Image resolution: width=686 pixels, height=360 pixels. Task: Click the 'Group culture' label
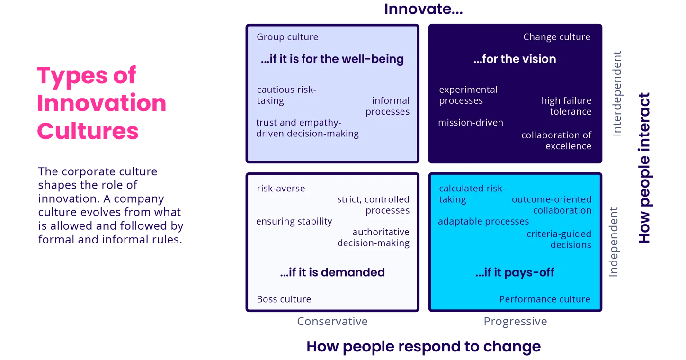click(x=287, y=37)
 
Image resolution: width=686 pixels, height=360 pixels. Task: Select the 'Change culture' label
click(x=556, y=37)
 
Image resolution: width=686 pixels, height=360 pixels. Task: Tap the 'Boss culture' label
click(x=284, y=299)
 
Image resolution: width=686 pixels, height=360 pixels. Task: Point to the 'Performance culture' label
click(x=544, y=299)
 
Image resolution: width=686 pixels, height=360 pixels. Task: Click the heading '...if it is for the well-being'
click(x=332, y=59)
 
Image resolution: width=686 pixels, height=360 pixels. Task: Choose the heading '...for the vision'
click(x=515, y=59)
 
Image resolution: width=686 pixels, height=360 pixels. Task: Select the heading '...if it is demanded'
click(x=332, y=272)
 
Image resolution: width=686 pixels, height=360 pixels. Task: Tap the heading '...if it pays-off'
click(x=515, y=272)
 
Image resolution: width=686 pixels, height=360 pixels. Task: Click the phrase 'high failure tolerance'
click(x=566, y=106)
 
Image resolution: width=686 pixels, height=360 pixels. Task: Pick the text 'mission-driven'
click(x=471, y=123)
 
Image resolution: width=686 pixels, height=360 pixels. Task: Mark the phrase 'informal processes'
click(x=388, y=106)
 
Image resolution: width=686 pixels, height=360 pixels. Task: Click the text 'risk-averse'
click(x=281, y=189)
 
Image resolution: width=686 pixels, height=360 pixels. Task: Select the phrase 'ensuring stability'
click(x=294, y=221)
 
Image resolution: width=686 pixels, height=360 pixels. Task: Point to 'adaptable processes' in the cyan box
click(x=483, y=221)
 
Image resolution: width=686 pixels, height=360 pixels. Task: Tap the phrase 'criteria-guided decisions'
click(x=559, y=239)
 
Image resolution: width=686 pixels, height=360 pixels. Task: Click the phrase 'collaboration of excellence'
click(x=556, y=141)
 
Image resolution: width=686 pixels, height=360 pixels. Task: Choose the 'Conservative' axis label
click(x=331, y=321)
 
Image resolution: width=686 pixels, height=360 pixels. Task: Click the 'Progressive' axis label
click(x=515, y=321)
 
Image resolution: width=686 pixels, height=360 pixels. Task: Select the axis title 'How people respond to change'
click(x=423, y=346)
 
